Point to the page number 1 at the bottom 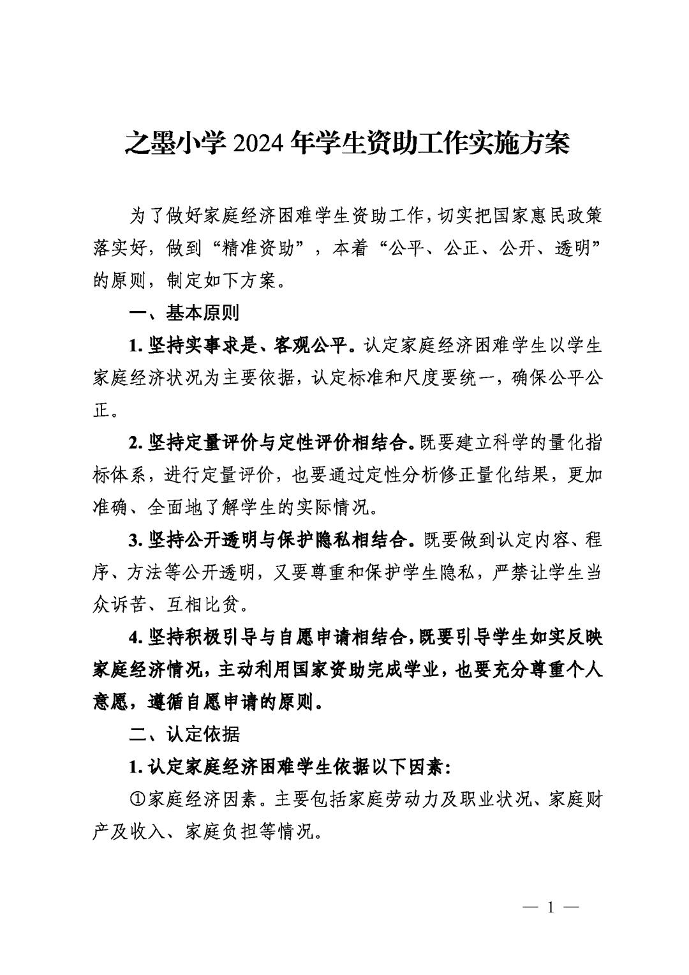pos(550,907)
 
